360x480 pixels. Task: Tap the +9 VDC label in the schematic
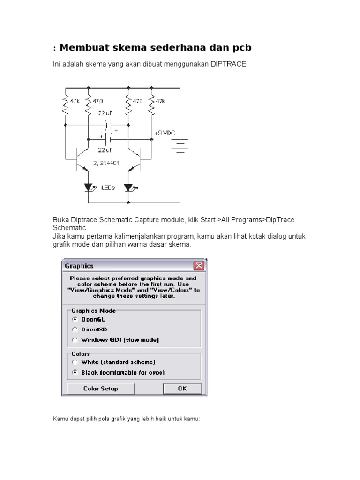[x=165, y=133]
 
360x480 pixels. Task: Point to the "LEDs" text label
[x=108, y=187]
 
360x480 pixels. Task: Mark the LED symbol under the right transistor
[x=128, y=187]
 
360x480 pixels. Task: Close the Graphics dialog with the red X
[x=199, y=266]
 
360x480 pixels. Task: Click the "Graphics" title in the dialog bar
[x=79, y=266]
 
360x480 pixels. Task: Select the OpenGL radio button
[x=75, y=319]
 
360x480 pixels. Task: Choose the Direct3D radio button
[x=75, y=329]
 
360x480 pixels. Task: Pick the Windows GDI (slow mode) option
[x=75, y=340]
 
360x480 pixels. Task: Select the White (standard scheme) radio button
[x=75, y=362]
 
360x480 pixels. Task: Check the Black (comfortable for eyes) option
[x=75, y=372]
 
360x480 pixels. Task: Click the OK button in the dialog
[x=182, y=389]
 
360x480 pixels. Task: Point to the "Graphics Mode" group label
[x=93, y=310]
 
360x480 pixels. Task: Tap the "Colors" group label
[x=81, y=354]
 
